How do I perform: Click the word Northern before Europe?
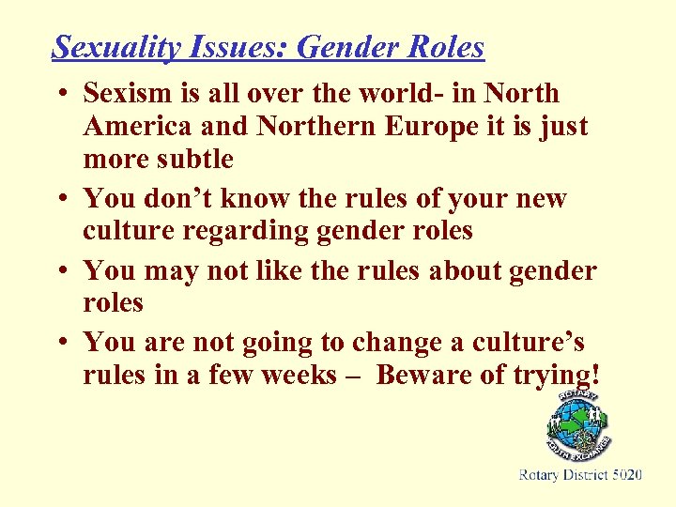coord(300,127)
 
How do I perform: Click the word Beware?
coord(430,376)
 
